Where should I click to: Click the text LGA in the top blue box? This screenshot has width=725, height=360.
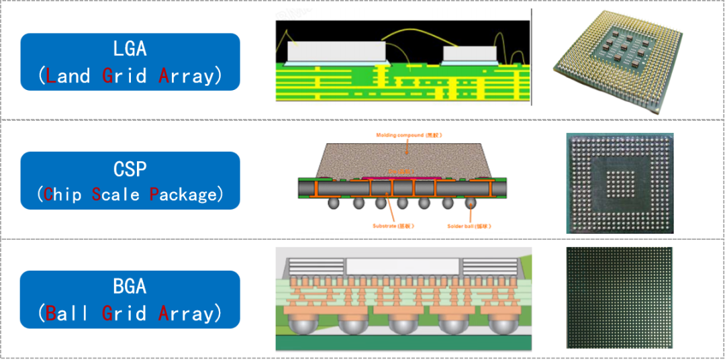[x=130, y=49]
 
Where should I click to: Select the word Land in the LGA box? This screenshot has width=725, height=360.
[x=67, y=75]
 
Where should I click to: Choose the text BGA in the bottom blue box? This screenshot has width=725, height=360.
[x=130, y=287]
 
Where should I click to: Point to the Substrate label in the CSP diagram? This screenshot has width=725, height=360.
[x=393, y=226]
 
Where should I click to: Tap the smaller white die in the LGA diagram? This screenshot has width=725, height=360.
[x=468, y=53]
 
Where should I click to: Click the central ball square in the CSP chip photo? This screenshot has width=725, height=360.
[x=618, y=182]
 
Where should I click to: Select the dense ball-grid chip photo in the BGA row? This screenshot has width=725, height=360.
[x=618, y=297]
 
